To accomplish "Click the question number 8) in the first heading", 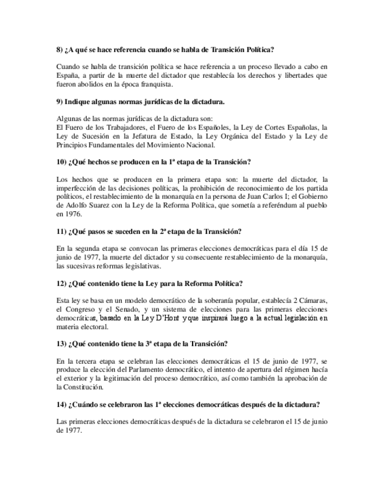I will click(x=60, y=50).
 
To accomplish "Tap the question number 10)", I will click(x=61, y=161).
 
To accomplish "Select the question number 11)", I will click(x=61, y=232).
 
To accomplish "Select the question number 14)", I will click(x=61, y=404).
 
